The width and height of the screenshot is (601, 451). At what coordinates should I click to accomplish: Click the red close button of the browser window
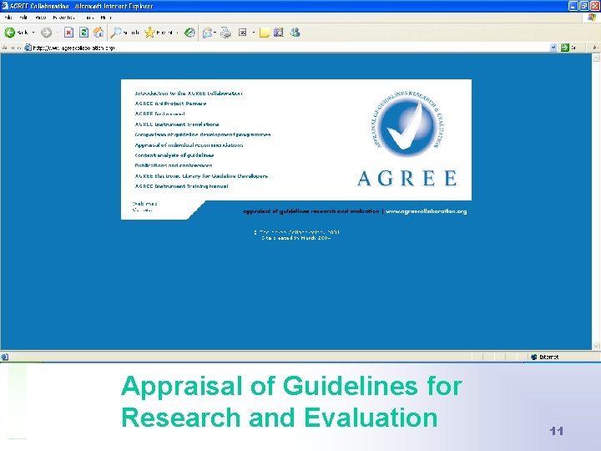594,6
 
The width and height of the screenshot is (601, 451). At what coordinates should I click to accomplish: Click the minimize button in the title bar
573,6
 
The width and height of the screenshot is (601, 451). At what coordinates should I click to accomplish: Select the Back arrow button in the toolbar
10,33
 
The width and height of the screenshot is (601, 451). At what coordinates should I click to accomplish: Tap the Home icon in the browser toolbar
98,33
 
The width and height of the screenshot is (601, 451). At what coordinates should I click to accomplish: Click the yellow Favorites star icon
150,33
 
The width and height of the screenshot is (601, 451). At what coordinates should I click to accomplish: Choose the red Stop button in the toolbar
69,33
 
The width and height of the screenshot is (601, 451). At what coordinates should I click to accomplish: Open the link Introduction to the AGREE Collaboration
189,93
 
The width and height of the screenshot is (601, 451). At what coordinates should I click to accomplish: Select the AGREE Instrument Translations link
177,124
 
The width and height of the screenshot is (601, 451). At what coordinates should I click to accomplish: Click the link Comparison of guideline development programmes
202,134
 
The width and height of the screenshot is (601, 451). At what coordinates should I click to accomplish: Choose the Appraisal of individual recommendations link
189,144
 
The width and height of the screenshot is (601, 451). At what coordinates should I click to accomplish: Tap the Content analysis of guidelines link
174,155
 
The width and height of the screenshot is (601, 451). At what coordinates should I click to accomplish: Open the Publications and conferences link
174,165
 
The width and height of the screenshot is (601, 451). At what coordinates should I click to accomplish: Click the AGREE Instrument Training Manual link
181,186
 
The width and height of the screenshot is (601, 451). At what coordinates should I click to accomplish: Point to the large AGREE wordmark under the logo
407,178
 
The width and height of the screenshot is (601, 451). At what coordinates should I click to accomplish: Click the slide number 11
557,431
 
